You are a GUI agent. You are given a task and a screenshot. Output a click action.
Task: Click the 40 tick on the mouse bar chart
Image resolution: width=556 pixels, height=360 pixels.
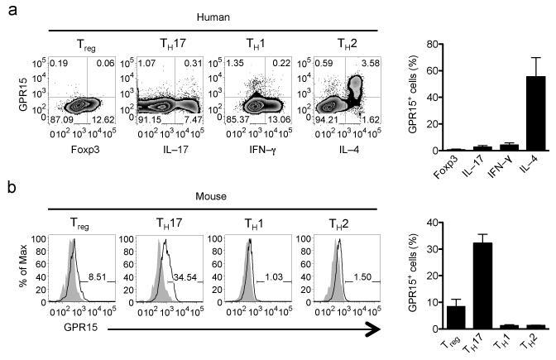pos(432,223)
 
